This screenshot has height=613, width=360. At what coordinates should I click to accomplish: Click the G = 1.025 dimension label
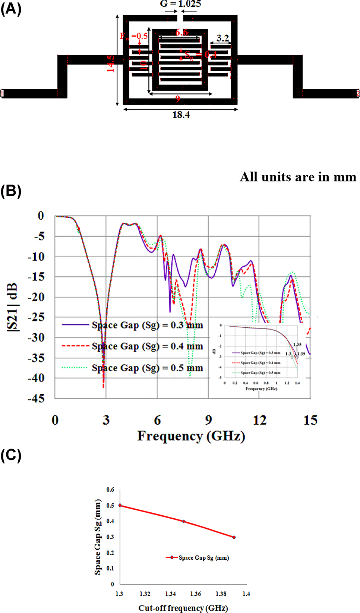180,4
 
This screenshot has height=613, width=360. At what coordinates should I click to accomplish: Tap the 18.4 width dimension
181,115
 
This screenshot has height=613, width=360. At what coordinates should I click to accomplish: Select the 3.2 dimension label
222,38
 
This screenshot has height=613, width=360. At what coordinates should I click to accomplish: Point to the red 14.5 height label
111,64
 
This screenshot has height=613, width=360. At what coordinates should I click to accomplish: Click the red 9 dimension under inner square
178,99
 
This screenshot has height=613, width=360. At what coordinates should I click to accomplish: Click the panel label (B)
11,191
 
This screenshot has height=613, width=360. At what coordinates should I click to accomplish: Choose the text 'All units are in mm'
298,177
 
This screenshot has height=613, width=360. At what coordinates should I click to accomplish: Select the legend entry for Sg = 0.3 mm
132,325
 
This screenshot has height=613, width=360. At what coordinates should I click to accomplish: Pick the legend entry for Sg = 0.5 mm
132,368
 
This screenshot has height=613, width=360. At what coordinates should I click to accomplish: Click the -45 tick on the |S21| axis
36,399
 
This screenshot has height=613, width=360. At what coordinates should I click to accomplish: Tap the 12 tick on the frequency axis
260,420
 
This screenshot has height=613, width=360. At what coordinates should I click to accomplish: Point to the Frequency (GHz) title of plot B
191,436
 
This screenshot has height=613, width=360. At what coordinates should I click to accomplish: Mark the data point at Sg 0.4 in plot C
184,521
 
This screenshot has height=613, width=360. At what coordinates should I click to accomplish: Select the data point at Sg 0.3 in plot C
234,537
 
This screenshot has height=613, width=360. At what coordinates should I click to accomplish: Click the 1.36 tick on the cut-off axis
196,594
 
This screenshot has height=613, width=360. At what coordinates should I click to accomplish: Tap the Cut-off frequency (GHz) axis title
183,608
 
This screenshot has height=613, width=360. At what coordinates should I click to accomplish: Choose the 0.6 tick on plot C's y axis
110,490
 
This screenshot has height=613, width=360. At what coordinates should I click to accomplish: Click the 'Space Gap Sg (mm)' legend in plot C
198,558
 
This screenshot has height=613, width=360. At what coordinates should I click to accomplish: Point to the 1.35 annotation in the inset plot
297,345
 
